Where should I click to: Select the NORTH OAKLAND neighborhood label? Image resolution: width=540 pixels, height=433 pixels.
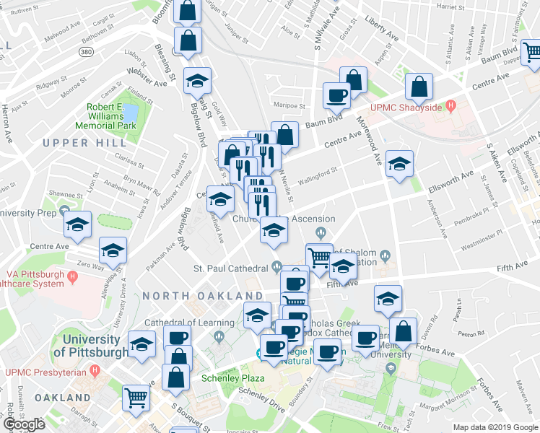click(202, 296)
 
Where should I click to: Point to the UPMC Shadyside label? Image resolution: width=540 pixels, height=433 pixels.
click(410, 108)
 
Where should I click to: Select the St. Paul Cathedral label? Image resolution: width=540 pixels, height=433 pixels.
click(231, 268)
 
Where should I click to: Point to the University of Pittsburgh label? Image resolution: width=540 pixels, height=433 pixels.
click(91, 346)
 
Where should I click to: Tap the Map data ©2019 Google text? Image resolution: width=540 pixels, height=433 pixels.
click(496, 427)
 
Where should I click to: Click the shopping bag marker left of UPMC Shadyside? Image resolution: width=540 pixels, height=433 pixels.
click(419, 87)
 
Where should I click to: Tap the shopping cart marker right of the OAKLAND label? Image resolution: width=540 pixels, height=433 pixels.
click(136, 396)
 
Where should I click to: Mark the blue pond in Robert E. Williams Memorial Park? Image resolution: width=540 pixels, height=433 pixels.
click(130, 113)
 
